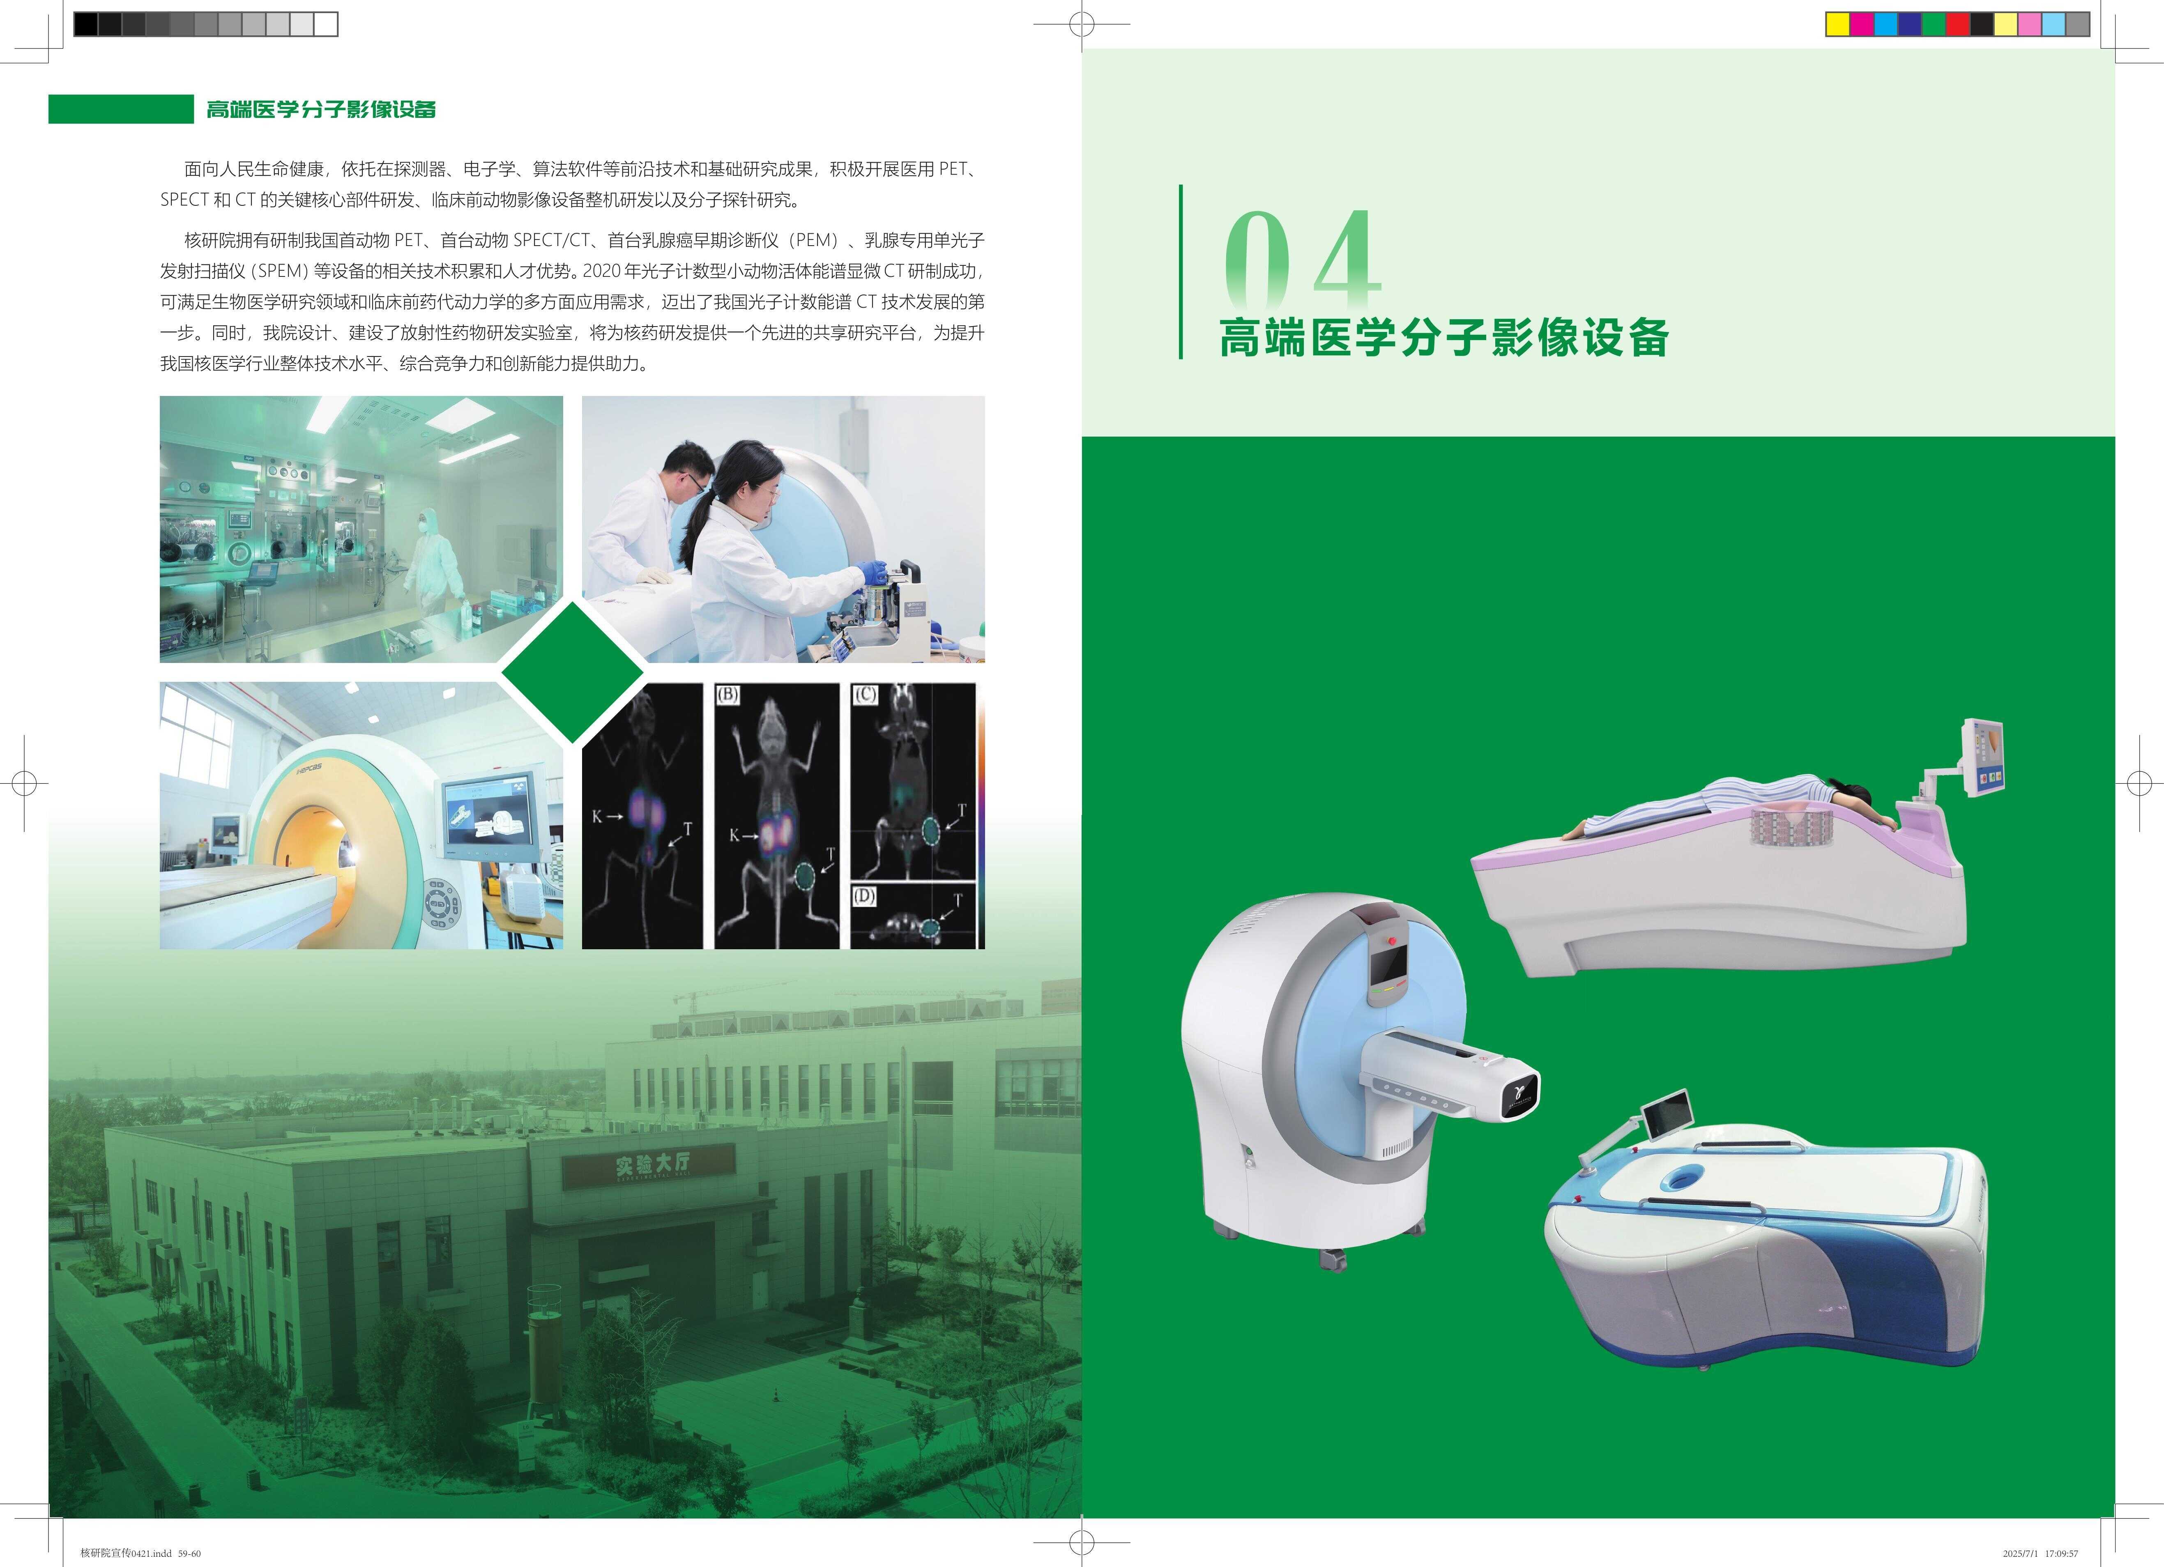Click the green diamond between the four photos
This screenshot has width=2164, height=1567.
573,672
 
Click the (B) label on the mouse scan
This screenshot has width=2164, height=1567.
728,694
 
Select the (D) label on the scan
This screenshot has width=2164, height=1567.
863,896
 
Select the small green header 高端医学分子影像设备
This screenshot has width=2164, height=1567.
322,109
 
